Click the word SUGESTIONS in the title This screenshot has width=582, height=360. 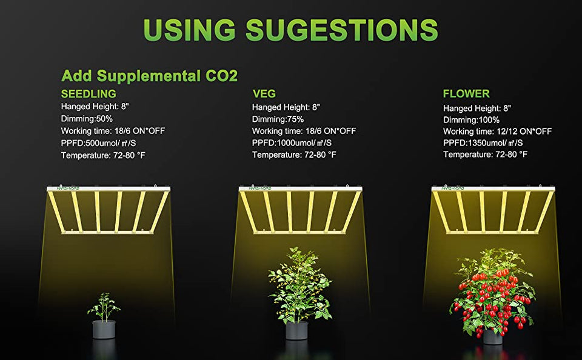tap(342, 30)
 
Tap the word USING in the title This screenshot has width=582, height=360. tap(189, 30)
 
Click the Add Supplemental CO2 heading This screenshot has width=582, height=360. tap(149, 76)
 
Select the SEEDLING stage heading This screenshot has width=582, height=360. tap(89, 93)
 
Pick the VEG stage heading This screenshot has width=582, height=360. tap(264, 93)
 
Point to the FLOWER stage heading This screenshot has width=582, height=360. tap(466, 93)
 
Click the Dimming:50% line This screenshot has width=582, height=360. tap(87, 119)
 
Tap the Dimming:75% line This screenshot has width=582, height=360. tap(278, 119)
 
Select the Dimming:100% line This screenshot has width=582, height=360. tap(472, 120)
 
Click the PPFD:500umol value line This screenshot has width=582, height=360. tap(98, 143)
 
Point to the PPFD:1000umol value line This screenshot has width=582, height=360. tap(292, 142)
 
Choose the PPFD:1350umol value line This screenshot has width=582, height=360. tap(483, 142)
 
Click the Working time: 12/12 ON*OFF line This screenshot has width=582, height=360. tap(497, 132)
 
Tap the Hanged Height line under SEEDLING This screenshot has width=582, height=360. tap(95, 107)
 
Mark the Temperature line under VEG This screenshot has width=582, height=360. tap(295, 155)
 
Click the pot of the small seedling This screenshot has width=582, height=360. tap(104, 329)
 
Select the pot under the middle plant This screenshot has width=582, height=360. tap(297, 330)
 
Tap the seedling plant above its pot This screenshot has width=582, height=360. tap(104, 307)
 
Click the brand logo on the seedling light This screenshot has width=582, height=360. tap(68, 188)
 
